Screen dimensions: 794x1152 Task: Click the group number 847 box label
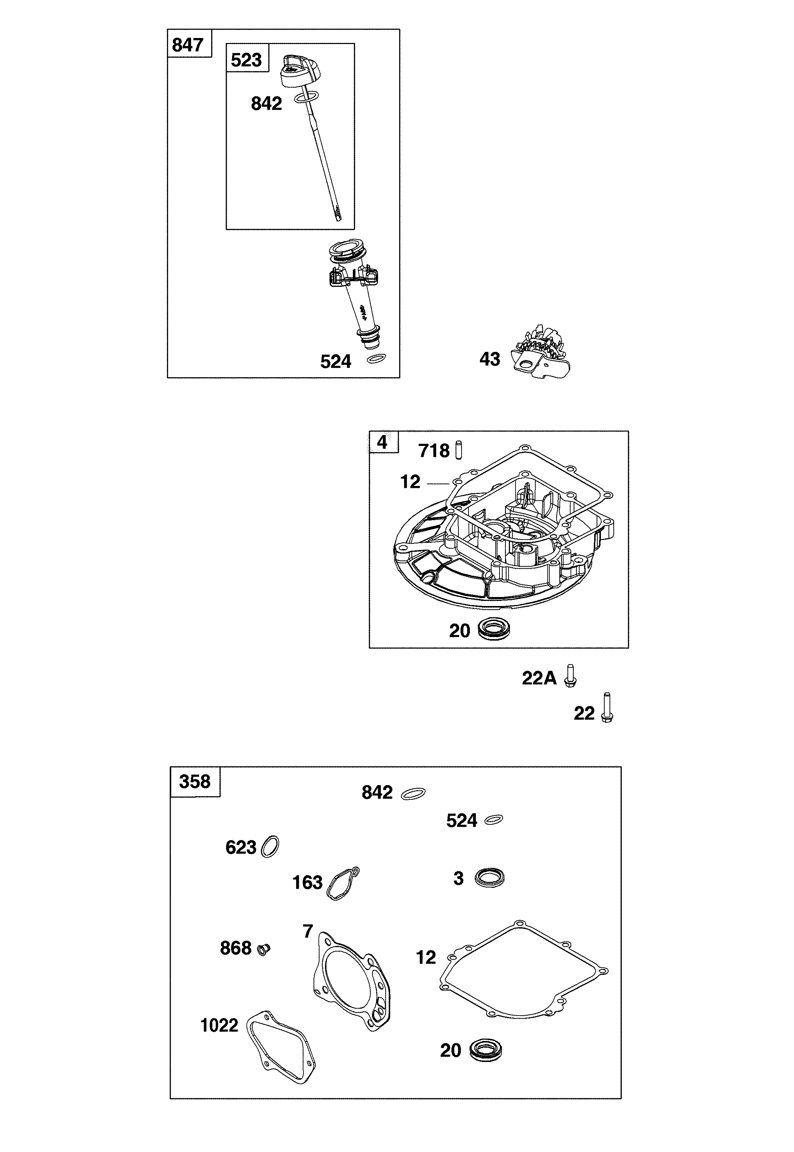[x=187, y=45]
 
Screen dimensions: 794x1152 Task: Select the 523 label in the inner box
[x=246, y=60]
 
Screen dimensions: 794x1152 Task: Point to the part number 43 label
[x=490, y=359]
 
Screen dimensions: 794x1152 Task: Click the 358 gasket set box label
[x=194, y=782]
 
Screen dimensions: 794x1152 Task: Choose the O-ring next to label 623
[x=270, y=846]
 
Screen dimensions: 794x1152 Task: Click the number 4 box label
[x=382, y=442]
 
